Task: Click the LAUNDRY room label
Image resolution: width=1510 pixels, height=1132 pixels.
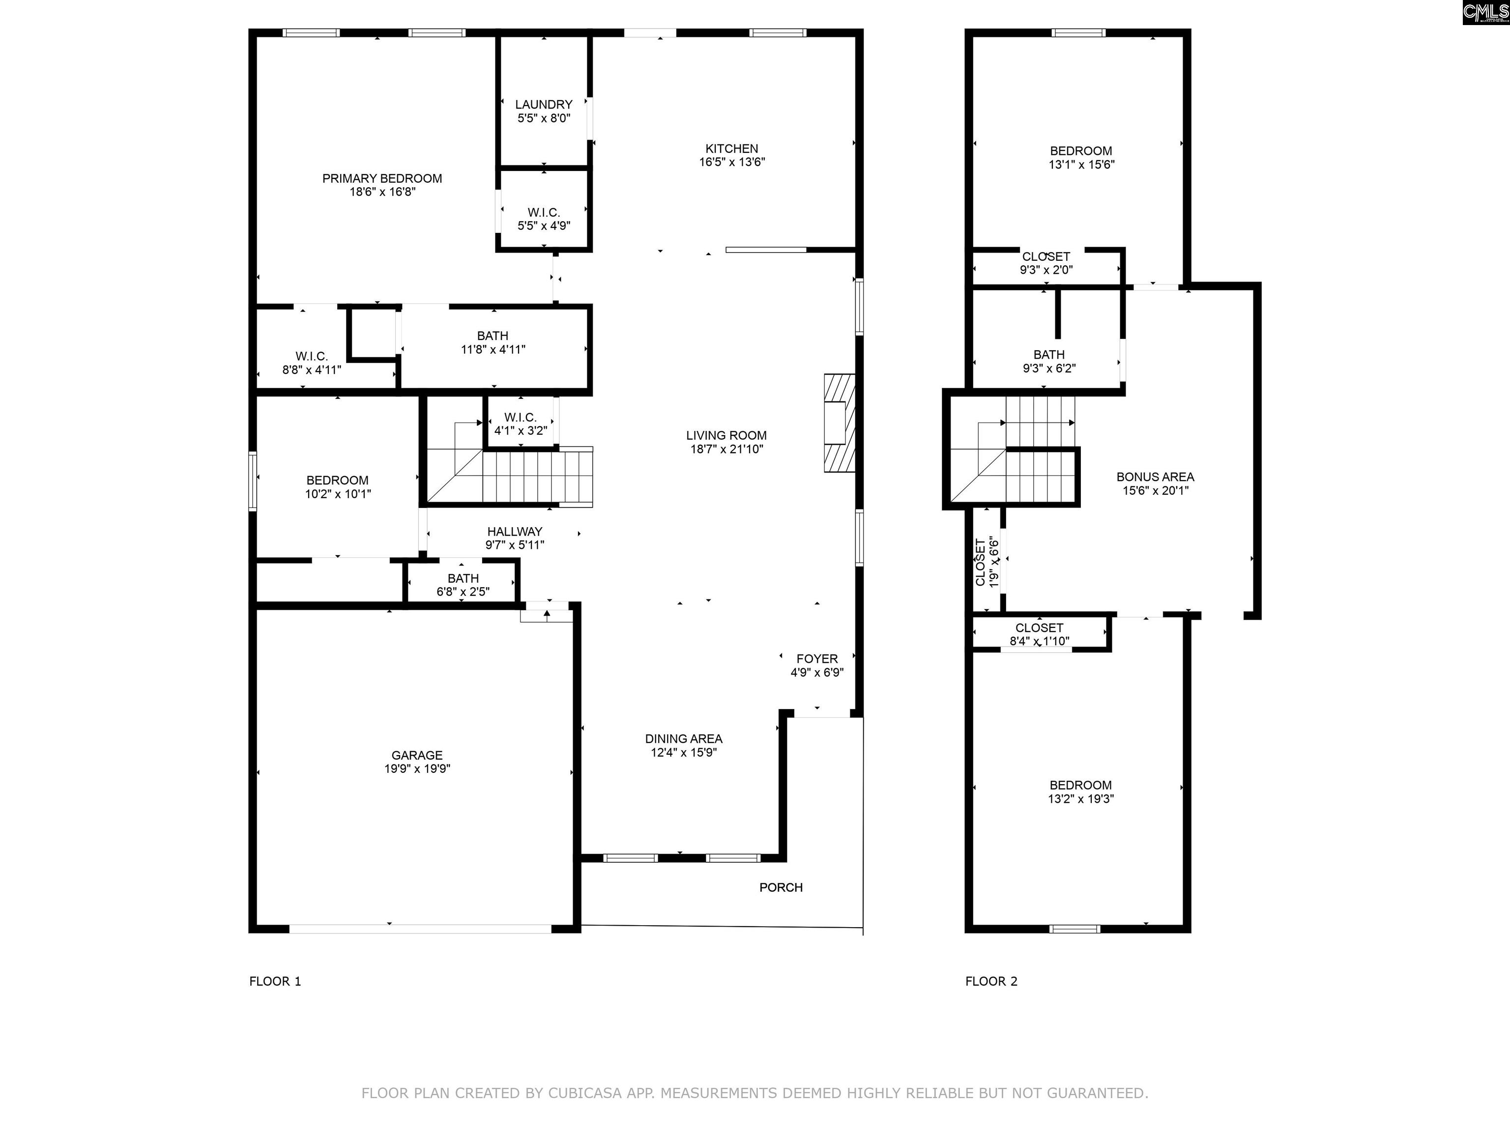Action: pos(543,104)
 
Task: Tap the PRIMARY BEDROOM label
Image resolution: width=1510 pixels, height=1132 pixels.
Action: pos(382,178)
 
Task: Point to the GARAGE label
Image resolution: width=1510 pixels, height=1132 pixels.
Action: pos(417,755)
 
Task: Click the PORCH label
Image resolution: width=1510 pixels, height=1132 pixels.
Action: pos(781,887)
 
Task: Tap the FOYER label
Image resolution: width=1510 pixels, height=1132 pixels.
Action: pos(817,658)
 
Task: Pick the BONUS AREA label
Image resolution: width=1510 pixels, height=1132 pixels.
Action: pos(1155,477)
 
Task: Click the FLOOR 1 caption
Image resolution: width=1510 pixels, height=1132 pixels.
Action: pos(275,981)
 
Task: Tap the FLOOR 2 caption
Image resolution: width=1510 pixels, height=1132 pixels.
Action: pos(991,981)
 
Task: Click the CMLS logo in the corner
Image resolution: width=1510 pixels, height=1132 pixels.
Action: pos(1486,12)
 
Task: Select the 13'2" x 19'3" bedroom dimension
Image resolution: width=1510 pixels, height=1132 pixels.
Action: pos(1080,799)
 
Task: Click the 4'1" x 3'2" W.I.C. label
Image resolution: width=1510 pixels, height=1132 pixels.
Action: pos(520,424)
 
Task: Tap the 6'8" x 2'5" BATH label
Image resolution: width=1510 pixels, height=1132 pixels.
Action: pos(463,585)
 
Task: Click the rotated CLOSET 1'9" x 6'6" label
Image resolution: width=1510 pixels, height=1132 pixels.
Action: pos(987,562)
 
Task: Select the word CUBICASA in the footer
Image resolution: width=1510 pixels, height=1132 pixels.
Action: pos(585,1093)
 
